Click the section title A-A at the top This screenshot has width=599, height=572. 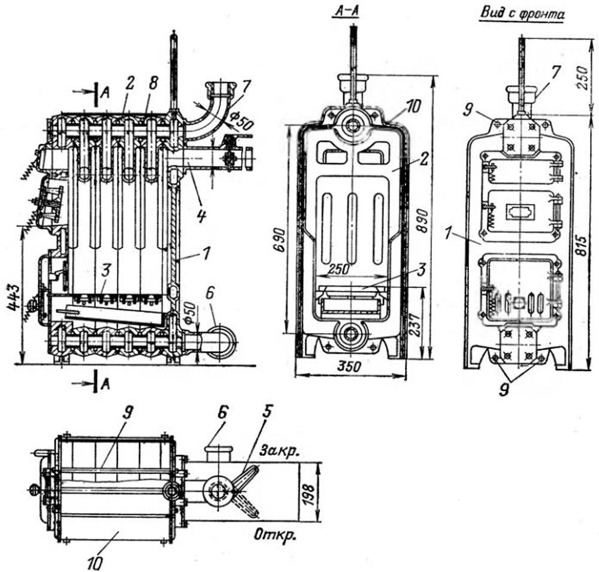tap(346, 13)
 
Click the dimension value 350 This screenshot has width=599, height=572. tap(350, 367)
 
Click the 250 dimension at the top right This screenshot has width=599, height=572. tap(584, 77)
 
